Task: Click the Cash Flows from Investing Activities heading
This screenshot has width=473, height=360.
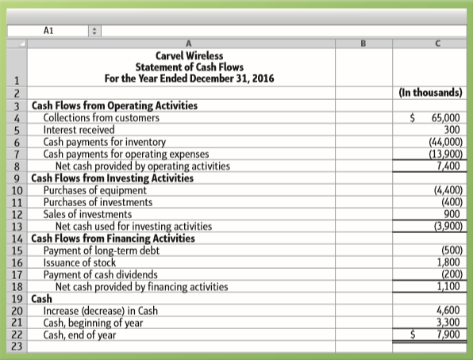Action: coord(112,178)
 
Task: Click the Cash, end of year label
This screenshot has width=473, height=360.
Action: coord(79,335)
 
